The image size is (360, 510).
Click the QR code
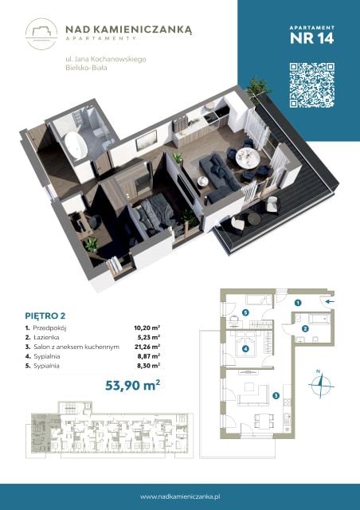click(x=312, y=85)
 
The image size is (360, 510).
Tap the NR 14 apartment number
click(x=311, y=38)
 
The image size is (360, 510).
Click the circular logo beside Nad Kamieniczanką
click(x=41, y=33)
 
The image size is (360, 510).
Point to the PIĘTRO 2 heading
click(x=45, y=316)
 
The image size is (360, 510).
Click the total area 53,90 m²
click(x=133, y=385)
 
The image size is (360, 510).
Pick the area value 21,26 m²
click(x=147, y=347)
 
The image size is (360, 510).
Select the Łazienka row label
click(x=46, y=338)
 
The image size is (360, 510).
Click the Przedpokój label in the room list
click(x=49, y=328)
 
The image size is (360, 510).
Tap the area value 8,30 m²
click(x=149, y=366)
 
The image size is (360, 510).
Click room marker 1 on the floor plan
click(x=298, y=303)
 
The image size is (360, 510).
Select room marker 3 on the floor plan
click(x=276, y=395)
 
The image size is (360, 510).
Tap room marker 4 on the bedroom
click(x=245, y=349)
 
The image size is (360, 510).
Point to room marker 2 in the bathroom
click(x=305, y=328)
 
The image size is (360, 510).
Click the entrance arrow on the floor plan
click(x=330, y=301)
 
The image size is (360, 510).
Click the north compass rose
click(x=321, y=386)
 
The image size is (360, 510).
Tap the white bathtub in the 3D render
click(x=76, y=145)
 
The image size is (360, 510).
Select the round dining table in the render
click(x=248, y=158)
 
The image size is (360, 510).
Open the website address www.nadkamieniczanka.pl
click(x=180, y=496)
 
